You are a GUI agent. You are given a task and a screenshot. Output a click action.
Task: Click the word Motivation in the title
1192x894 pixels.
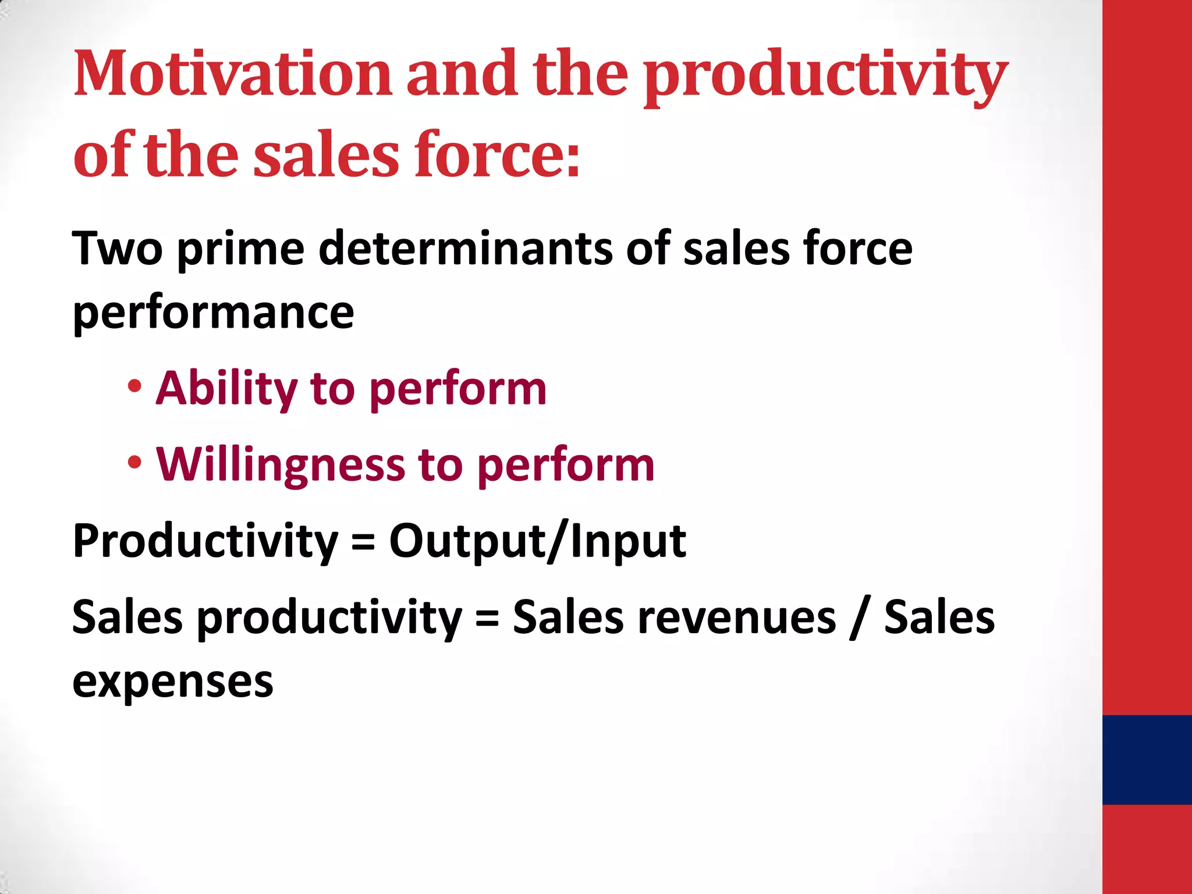(x=233, y=74)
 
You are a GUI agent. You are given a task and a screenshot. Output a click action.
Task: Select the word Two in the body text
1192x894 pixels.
(x=117, y=249)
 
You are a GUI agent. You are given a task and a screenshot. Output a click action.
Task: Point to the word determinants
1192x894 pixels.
(x=466, y=249)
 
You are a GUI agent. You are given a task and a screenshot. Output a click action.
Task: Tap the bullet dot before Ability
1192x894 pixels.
(x=134, y=387)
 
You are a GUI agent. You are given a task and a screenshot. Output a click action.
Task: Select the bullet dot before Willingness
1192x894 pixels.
(x=134, y=463)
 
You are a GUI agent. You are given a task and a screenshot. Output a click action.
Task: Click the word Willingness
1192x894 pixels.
(x=281, y=466)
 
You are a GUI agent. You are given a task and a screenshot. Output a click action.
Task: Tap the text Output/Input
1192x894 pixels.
(x=537, y=541)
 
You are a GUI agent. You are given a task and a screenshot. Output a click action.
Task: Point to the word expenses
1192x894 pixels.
(x=172, y=682)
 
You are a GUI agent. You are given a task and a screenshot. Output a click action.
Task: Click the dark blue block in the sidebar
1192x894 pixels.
(x=1147, y=760)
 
